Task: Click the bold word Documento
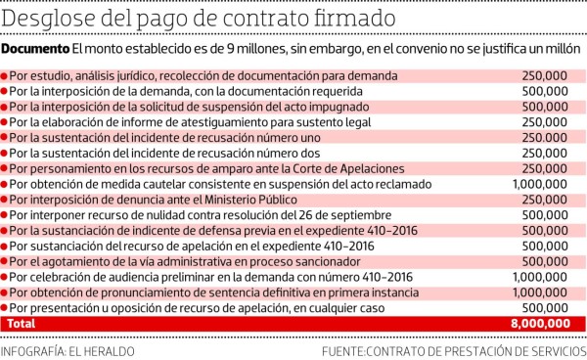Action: click(x=35, y=50)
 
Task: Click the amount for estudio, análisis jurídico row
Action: click(x=547, y=75)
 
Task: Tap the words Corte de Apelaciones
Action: click(x=324, y=168)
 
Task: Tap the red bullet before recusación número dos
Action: click(x=5, y=153)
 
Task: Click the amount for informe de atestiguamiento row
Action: click(x=547, y=121)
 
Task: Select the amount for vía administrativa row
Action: click(x=547, y=261)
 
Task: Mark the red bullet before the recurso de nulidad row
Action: click(x=5, y=214)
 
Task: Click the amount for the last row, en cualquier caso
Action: click(x=547, y=307)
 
